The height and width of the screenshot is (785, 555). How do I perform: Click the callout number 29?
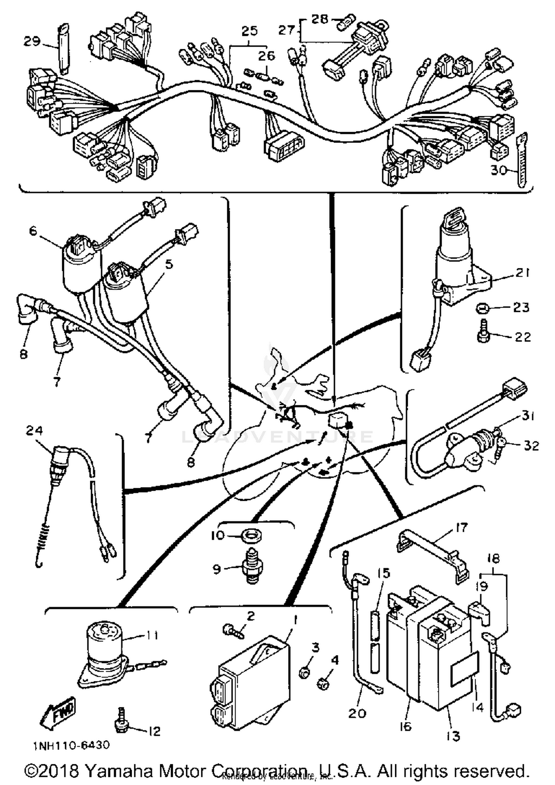point(32,41)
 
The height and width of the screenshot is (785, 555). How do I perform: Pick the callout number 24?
point(34,430)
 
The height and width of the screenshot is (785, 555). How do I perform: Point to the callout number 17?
point(462,527)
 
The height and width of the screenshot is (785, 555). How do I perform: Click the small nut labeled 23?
point(482,308)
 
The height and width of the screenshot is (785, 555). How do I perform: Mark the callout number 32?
point(531,446)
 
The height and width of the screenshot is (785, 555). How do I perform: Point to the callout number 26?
point(266,56)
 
